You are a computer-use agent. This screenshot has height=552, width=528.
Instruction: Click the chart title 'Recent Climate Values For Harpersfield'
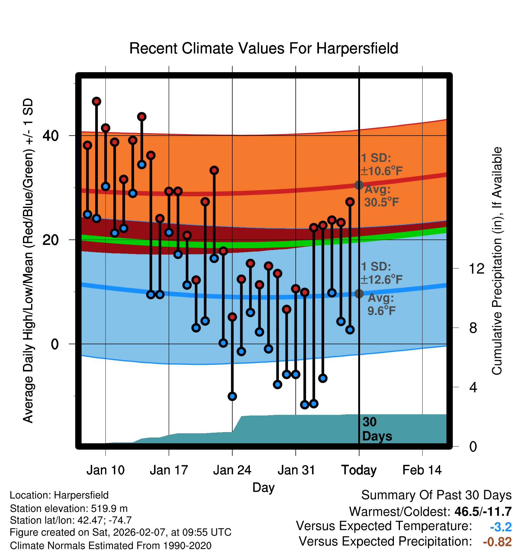[264, 48]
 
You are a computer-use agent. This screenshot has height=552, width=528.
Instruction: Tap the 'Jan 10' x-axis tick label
[105, 470]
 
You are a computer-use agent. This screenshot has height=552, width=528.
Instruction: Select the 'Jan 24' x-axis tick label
[232, 470]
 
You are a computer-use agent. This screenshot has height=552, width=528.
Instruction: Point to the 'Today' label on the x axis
[359, 470]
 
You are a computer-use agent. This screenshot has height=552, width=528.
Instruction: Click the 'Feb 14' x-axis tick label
[422, 470]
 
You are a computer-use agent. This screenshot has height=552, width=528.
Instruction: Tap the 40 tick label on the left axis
[50, 136]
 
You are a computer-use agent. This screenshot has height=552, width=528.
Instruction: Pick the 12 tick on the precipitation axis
[476, 268]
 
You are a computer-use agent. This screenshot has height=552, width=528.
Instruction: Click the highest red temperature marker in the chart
[96, 101]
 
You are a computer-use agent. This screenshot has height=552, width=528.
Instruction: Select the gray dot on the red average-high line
[359, 185]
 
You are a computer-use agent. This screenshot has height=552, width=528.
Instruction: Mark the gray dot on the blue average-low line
[359, 294]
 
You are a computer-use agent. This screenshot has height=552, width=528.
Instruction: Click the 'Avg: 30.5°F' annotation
[381, 196]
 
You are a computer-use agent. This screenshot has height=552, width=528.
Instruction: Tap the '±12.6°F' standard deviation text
[382, 280]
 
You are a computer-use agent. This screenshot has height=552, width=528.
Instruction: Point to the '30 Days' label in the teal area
[377, 429]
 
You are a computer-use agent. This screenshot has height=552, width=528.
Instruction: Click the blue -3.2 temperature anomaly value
[501, 527]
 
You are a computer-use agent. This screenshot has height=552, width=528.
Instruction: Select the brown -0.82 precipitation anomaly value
[497, 542]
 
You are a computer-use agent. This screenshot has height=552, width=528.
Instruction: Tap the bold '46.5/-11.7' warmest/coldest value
[483, 512]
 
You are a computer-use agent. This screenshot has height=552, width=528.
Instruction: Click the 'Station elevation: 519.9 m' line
[69, 509]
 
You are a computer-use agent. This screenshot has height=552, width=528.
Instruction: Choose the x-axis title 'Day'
[263, 487]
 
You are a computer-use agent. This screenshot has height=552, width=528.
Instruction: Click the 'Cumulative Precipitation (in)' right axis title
[497, 261]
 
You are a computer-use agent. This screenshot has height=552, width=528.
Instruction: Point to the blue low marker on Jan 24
[232, 396]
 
